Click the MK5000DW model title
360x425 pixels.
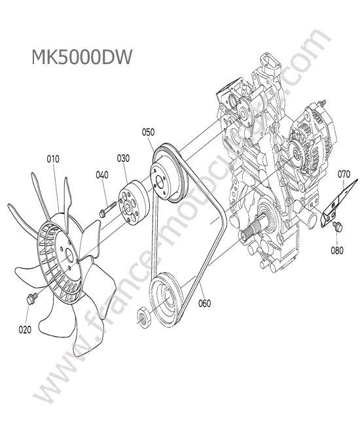point(82,57)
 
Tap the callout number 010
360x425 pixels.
point(53,159)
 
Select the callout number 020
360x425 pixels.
point(25,330)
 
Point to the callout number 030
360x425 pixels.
point(123,158)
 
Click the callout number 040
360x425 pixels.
point(102,175)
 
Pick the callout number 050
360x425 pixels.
point(148,132)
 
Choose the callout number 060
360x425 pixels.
point(205,303)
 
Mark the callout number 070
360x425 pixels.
point(344,174)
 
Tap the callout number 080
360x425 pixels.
point(337,250)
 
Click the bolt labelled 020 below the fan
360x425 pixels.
point(31,298)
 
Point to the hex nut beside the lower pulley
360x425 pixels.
point(144,318)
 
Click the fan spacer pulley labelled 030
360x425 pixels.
point(134,203)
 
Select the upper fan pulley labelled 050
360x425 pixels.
point(169,173)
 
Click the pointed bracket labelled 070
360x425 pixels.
point(338,204)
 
